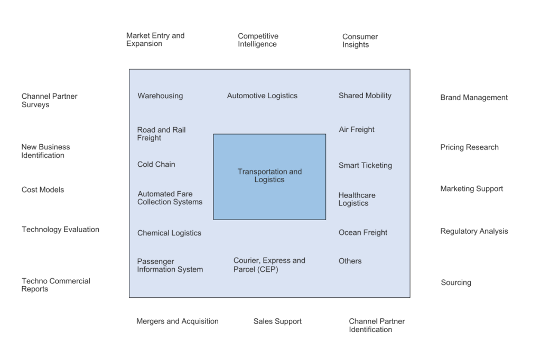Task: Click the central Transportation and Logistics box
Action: (x=269, y=176)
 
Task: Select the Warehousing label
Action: (x=160, y=96)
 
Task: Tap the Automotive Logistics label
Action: (x=262, y=96)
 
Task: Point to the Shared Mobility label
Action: (x=365, y=96)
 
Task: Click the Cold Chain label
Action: (x=156, y=164)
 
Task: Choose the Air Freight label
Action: (x=357, y=129)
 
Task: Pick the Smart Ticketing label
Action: (x=365, y=165)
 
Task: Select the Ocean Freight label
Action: (x=363, y=232)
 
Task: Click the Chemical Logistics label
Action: (x=169, y=233)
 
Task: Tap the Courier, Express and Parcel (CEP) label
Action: (x=269, y=265)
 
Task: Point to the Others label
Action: (x=350, y=261)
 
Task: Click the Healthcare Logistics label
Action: (x=357, y=199)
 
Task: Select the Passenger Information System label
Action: (x=170, y=266)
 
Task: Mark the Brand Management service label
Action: (x=474, y=97)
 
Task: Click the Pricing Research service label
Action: (x=469, y=147)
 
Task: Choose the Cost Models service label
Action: (x=43, y=189)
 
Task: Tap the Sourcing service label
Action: (x=456, y=282)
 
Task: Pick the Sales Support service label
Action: (x=277, y=321)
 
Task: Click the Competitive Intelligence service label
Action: (x=258, y=40)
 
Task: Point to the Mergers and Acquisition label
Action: (x=177, y=321)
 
